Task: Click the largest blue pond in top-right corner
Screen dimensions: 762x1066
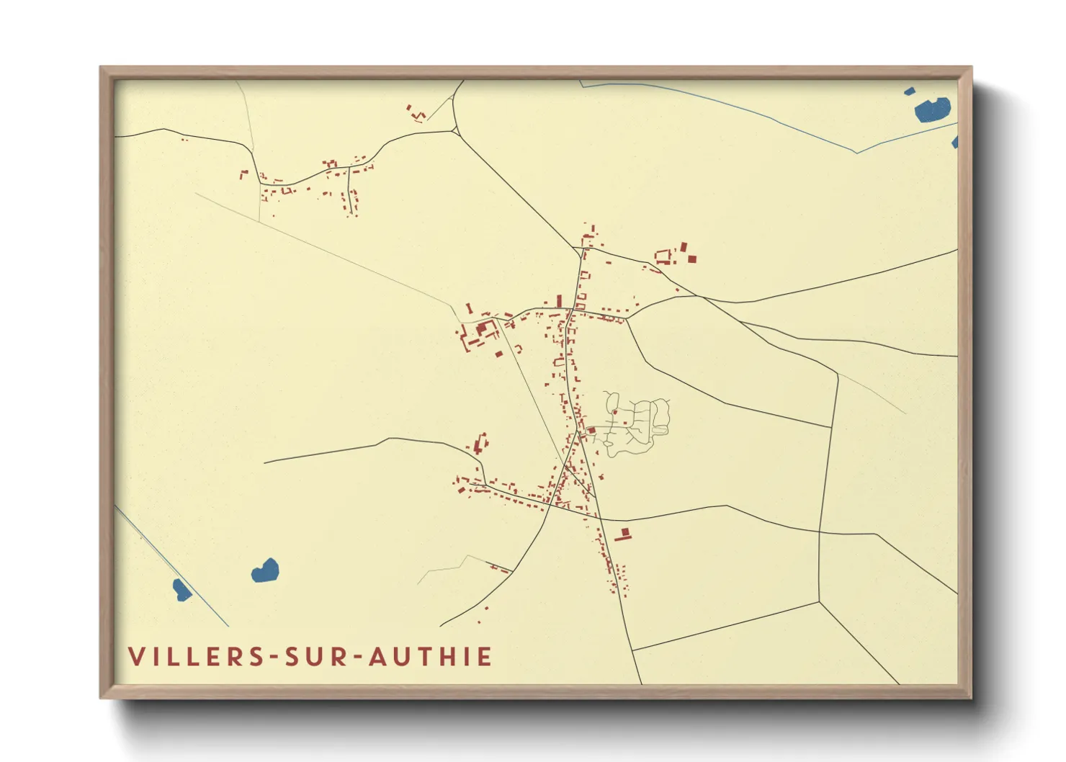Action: tap(932, 109)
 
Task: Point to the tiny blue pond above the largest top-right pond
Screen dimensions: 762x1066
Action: tap(909, 91)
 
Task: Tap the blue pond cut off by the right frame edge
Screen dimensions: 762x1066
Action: tap(955, 142)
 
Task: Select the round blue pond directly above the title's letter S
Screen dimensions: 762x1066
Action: tap(265, 571)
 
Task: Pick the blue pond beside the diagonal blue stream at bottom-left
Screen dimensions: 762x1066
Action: tap(182, 590)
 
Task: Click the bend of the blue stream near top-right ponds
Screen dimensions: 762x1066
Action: tap(856, 152)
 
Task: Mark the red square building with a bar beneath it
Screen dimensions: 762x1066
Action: tap(624, 534)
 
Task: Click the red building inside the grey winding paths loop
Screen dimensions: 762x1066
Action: tap(614, 412)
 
